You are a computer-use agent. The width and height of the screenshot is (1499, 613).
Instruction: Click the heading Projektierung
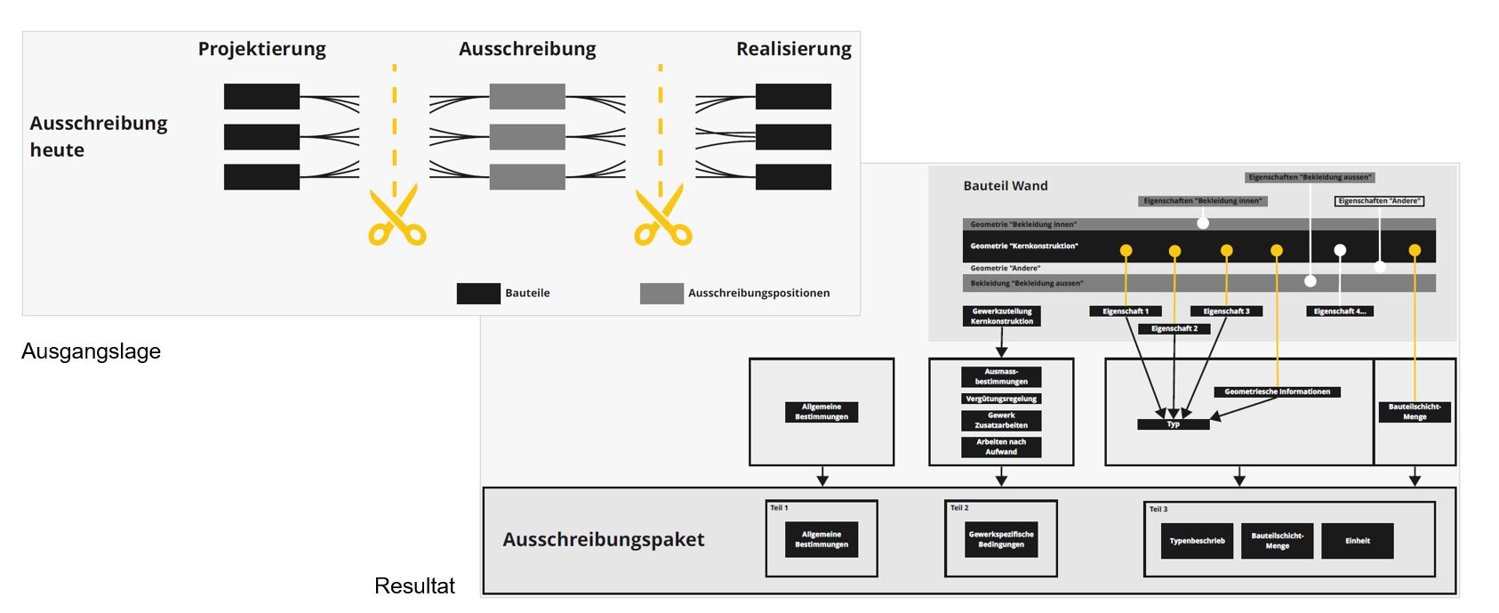click(261, 49)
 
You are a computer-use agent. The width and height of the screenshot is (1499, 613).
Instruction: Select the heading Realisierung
click(793, 49)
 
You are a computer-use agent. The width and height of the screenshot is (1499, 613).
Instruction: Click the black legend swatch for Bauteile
click(478, 294)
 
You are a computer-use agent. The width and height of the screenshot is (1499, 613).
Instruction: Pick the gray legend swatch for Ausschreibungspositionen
click(661, 294)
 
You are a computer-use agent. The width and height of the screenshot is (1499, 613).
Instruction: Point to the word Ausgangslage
click(91, 351)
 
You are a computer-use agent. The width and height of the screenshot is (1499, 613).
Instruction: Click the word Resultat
click(414, 585)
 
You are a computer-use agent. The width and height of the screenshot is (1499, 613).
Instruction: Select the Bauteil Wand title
click(1006, 186)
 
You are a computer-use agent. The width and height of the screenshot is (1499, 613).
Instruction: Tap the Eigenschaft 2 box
click(1174, 328)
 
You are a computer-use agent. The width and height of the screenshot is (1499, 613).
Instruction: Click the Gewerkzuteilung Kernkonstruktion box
click(1001, 316)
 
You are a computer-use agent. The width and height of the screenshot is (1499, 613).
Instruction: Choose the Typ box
click(1173, 424)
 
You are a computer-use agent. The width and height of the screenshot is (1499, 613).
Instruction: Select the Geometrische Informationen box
click(1277, 391)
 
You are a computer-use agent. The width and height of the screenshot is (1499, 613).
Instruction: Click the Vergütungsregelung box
click(1001, 399)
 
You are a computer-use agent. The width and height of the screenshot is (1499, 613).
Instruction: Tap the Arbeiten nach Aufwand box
click(1001, 447)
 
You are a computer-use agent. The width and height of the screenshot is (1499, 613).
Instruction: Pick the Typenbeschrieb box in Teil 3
click(1197, 541)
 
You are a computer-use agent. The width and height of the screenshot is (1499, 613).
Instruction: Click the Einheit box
click(1357, 541)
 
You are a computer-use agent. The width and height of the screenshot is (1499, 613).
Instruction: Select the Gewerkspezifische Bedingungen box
click(1001, 539)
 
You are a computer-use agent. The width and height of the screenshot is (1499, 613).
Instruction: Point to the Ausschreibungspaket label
click(603, 539)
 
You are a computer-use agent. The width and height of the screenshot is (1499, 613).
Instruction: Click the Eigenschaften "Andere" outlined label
click(1379, 201)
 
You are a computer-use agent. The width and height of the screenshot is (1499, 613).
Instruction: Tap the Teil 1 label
click(779, 508)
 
